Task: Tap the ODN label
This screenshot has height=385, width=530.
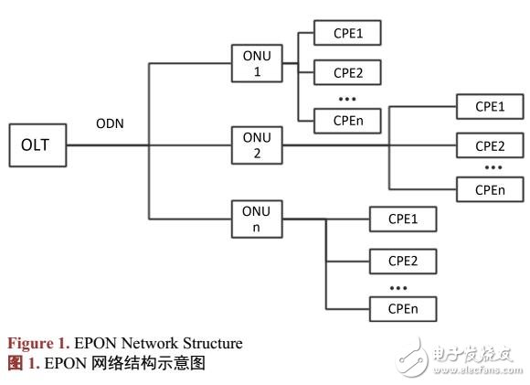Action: click(110, 123)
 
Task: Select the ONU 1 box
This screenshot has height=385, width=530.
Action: click(256, 64)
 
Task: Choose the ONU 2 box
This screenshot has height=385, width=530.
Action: click(256, 144)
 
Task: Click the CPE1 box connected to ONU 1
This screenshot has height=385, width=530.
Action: click(346, 34)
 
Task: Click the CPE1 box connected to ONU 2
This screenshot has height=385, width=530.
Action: click(489, 106)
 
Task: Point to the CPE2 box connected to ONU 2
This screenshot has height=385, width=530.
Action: click(489, 145)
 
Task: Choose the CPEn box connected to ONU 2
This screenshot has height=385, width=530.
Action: click(489, 189)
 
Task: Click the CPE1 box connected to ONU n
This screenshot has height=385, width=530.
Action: click(402, 219)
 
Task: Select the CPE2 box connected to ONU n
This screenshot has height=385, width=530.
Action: click(402, 261)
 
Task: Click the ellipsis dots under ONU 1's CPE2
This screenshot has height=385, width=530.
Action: click(346, 97)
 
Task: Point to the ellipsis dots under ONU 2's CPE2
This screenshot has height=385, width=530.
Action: click(493, 168)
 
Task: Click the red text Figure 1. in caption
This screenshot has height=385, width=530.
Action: click(37, 344)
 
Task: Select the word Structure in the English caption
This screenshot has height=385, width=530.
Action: click(211, 344)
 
